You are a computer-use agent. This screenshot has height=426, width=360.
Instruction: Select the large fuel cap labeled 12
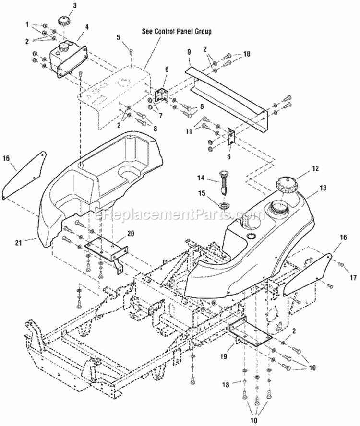pos(286,185)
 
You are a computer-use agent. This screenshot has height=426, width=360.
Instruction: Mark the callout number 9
pos(189,49)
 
